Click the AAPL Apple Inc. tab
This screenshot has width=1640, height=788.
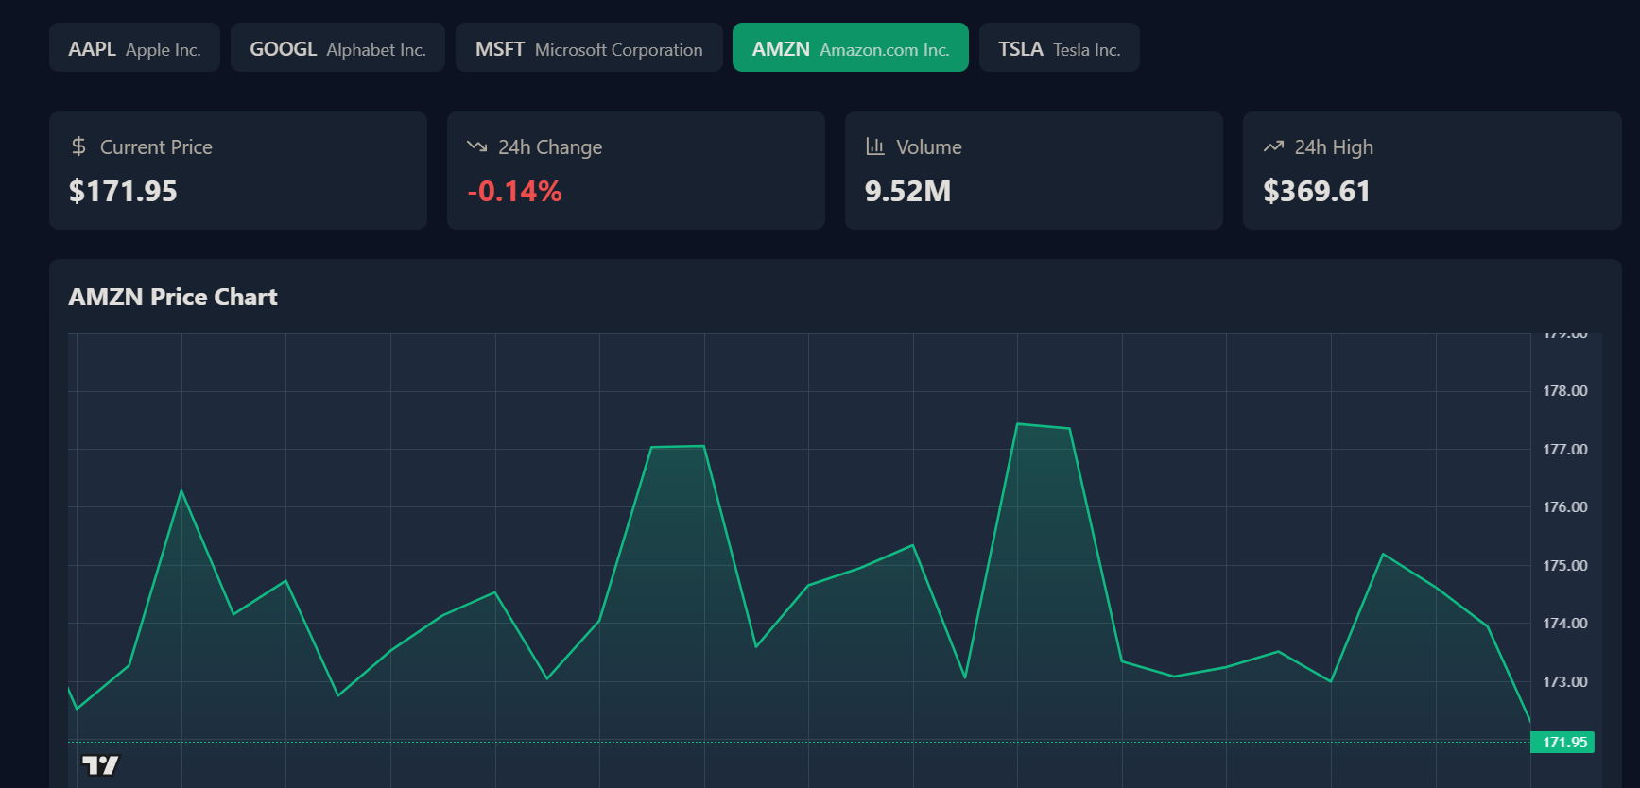tap(134, 48)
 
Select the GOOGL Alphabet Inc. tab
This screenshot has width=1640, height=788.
tap(337, 48)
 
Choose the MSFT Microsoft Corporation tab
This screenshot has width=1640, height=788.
tap(589, 48)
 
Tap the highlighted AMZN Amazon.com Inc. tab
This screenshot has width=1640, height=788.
tap(850, 48)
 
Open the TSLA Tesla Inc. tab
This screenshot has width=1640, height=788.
tap(1059, 48)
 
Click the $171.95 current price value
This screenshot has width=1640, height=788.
tap(123, 192)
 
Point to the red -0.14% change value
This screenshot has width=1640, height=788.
tap(514, 192)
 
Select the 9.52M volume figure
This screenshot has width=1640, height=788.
tap(907, 192)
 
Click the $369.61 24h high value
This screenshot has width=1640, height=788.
tap(1316, 192)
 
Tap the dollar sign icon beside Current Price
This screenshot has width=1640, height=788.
tap(78, 146)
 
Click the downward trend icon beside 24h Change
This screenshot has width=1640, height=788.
tap(476, 146)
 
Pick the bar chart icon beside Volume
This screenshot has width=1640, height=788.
tap(875, 146)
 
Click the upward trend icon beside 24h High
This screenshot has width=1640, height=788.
tap(1273, 146)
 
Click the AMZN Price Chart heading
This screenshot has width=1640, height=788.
tap(173, 297)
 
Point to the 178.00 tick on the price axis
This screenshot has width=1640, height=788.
tap(1564, 391)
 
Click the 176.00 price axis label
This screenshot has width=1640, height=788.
tap(1564, 507)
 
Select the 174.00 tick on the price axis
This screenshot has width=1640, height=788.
tap(1564, 624)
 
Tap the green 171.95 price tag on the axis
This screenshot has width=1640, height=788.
tap(1563, 743)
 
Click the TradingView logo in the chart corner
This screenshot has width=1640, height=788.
tap(100, 764)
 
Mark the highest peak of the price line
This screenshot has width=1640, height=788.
tap(1017, 424)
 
